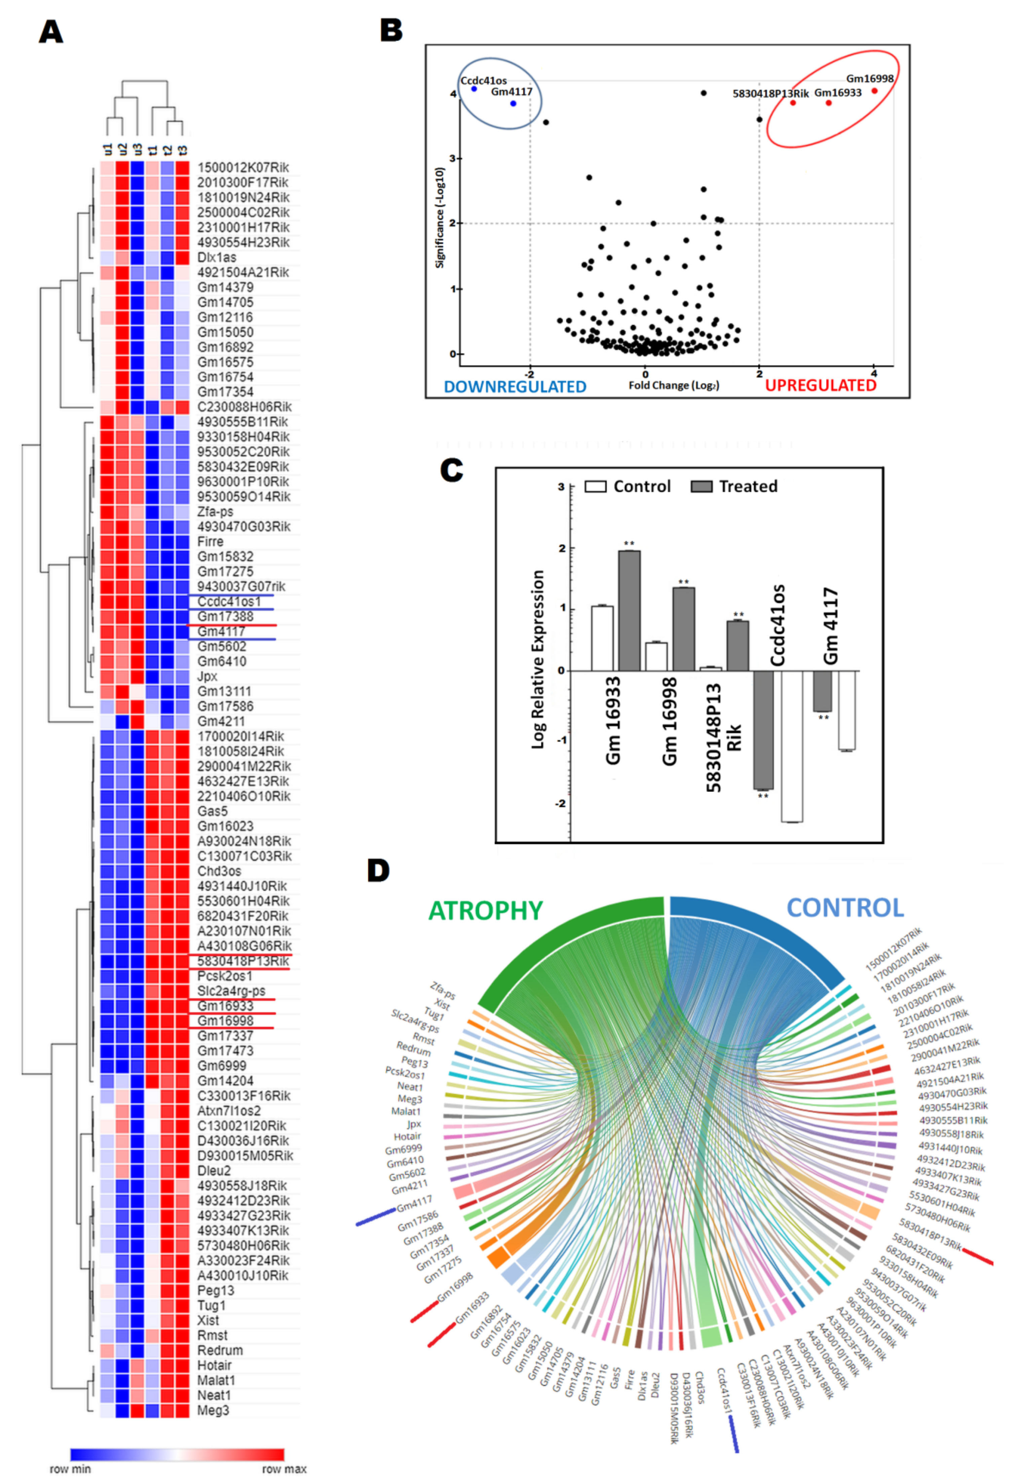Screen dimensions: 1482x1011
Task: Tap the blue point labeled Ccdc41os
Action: point(474,89)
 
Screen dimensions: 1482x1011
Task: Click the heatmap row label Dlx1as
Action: point(217,258)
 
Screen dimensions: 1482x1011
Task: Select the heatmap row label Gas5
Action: point(213,811)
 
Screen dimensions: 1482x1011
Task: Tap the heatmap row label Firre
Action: point(211,541)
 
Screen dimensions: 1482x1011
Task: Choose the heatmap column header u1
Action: point(108,149)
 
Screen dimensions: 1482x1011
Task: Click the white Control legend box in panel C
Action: point(595,487)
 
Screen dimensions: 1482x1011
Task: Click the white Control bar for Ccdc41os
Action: point(792,746)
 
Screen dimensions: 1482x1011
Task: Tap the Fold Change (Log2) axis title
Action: point(674,385)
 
